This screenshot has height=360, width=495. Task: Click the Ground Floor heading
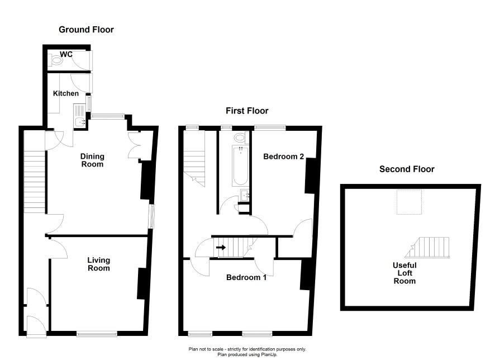(x=86, y=30)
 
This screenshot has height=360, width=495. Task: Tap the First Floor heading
(x=247, y=111)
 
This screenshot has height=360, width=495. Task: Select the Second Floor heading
(x=407, y=169)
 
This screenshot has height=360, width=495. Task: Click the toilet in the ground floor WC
(x=55, y=60)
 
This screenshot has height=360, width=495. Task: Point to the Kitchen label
(x=66, y=93)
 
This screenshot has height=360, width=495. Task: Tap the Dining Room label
(x=92, y=160)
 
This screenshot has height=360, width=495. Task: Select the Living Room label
(x=98, y=264)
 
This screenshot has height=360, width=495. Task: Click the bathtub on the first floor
(x=241, y=166)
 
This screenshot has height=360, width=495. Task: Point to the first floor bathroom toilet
(x=241, y=138)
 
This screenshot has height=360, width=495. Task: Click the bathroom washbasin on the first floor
(x=245, y=196)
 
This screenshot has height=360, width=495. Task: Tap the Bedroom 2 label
(x=283, y=157)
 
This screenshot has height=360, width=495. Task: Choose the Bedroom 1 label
(x=246, y=278)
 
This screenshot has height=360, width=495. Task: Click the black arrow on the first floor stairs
(x=221, y=247)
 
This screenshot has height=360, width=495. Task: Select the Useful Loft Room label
(x=404, y=273)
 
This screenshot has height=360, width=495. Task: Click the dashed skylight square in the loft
(x=409, y=202)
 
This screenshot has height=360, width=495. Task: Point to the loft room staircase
(x=427, y=248)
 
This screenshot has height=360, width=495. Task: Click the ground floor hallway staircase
(x=35, y=182)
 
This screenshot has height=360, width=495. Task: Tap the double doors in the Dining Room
(x=134, y=145)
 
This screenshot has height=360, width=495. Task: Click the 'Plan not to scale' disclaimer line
(x=247, y=349)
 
